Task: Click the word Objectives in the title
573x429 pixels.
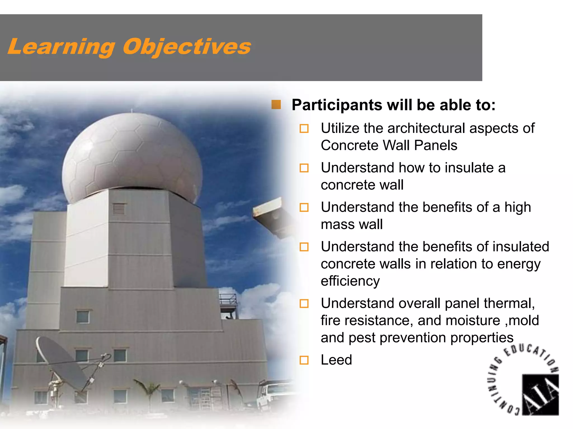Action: click(187, 47)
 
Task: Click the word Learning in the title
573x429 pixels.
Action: click(62, 47)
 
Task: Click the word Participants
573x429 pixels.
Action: click(337, 105)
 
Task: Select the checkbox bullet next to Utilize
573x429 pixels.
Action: click(304, 128)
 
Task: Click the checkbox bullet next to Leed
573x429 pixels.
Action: click(304, 360)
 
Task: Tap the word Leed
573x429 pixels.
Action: click(336, 360)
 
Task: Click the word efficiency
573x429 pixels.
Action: click(350, 281)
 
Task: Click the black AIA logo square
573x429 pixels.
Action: click(540, 394)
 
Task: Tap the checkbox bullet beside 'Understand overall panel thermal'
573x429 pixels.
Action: click(304, 304)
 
